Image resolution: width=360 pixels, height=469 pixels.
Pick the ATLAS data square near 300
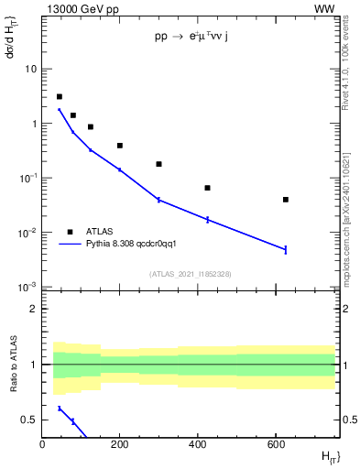coord(158,164)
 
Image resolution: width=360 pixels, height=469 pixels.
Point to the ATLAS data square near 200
coord(120,146)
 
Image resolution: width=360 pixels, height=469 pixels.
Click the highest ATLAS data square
coord(60,96)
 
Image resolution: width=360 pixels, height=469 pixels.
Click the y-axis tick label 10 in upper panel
coord(30,69)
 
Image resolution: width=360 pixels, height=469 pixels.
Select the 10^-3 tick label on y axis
coord(27,288)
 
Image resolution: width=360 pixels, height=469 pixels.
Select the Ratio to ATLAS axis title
coord(14,365)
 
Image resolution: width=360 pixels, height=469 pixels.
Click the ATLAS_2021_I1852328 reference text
coord(190,274)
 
